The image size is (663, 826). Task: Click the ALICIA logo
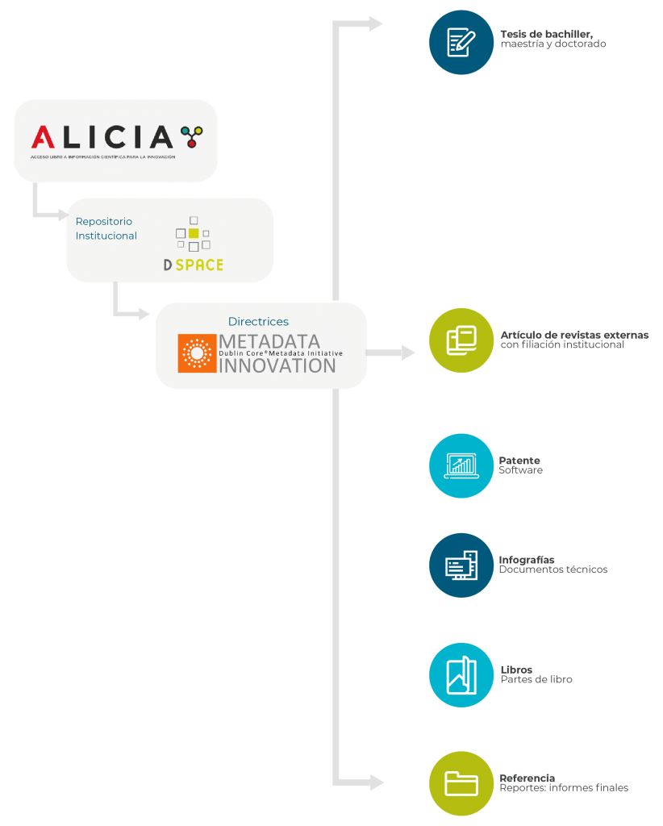pyautogui.click(x=116, y=139)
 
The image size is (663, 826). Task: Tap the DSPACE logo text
pyautogui.click(x=194, y=265)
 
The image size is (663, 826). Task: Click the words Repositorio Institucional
pyautogui.click(x=106, y=228)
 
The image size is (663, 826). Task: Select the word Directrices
pyautogui.click(x=258, y=322)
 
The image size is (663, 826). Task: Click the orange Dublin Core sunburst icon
pyautogui.click(x=196, y=353)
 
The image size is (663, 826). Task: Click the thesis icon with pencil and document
pyautogui.click(x=461, y=42)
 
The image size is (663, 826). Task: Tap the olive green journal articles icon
pyautogui.click(x=461, y=340)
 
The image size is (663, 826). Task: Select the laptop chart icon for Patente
pyautogui.click(x=461, y=465)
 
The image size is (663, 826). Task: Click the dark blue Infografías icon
pyautogui.click(x=461, y=565)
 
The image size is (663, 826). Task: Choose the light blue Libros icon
pyautogui.click(x=461, y=675)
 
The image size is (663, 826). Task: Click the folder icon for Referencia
pyautogui.click(x=461, y=783)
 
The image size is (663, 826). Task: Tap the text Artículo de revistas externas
pyautogui.click(x=573, y=335)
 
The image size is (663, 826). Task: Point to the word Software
pyautogui.click(x=520, y=470)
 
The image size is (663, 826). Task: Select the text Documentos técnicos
pyautogui.click(x=553, y=569)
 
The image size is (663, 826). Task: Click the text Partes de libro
pyautogui.click(x=536, y=679)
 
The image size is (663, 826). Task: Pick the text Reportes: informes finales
pyautogui.click(x=563, y=787)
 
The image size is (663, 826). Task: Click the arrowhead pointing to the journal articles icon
pyautogui.click(x=408, y=353)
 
